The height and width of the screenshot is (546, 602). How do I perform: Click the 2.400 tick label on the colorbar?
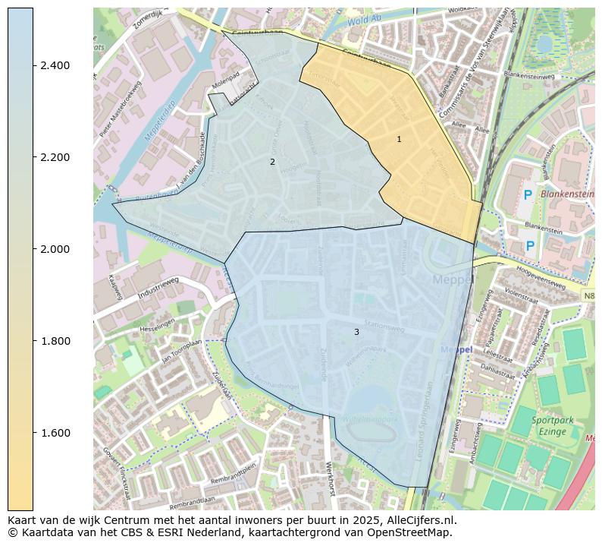[55, 65]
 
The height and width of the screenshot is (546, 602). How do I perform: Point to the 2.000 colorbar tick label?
[55, 249]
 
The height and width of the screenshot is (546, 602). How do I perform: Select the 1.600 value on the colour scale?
[55, 433]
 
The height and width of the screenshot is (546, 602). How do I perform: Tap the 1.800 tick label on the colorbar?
[55, 341]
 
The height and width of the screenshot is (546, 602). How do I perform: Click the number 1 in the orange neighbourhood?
[399, 139]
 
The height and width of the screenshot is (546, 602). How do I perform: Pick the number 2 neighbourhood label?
[272, 162]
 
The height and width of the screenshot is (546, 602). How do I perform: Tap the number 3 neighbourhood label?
[356, 332]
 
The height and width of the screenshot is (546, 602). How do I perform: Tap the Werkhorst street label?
[329, 478]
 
